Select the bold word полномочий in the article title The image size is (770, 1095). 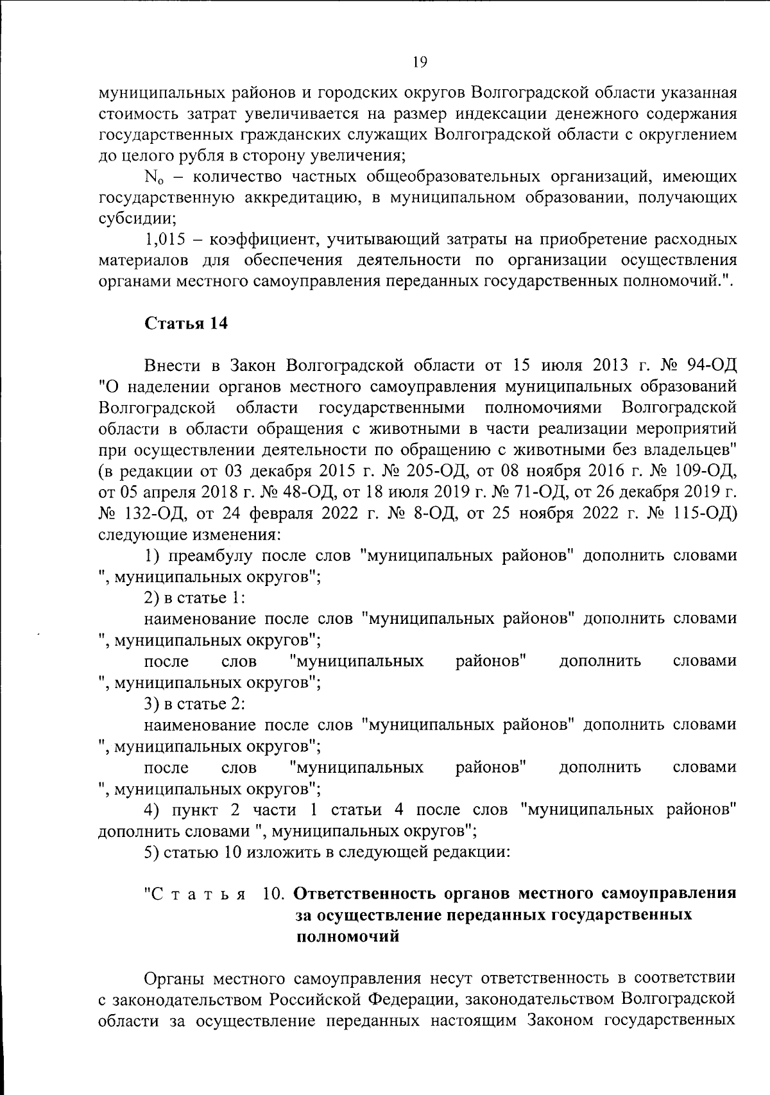point(347,936)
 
